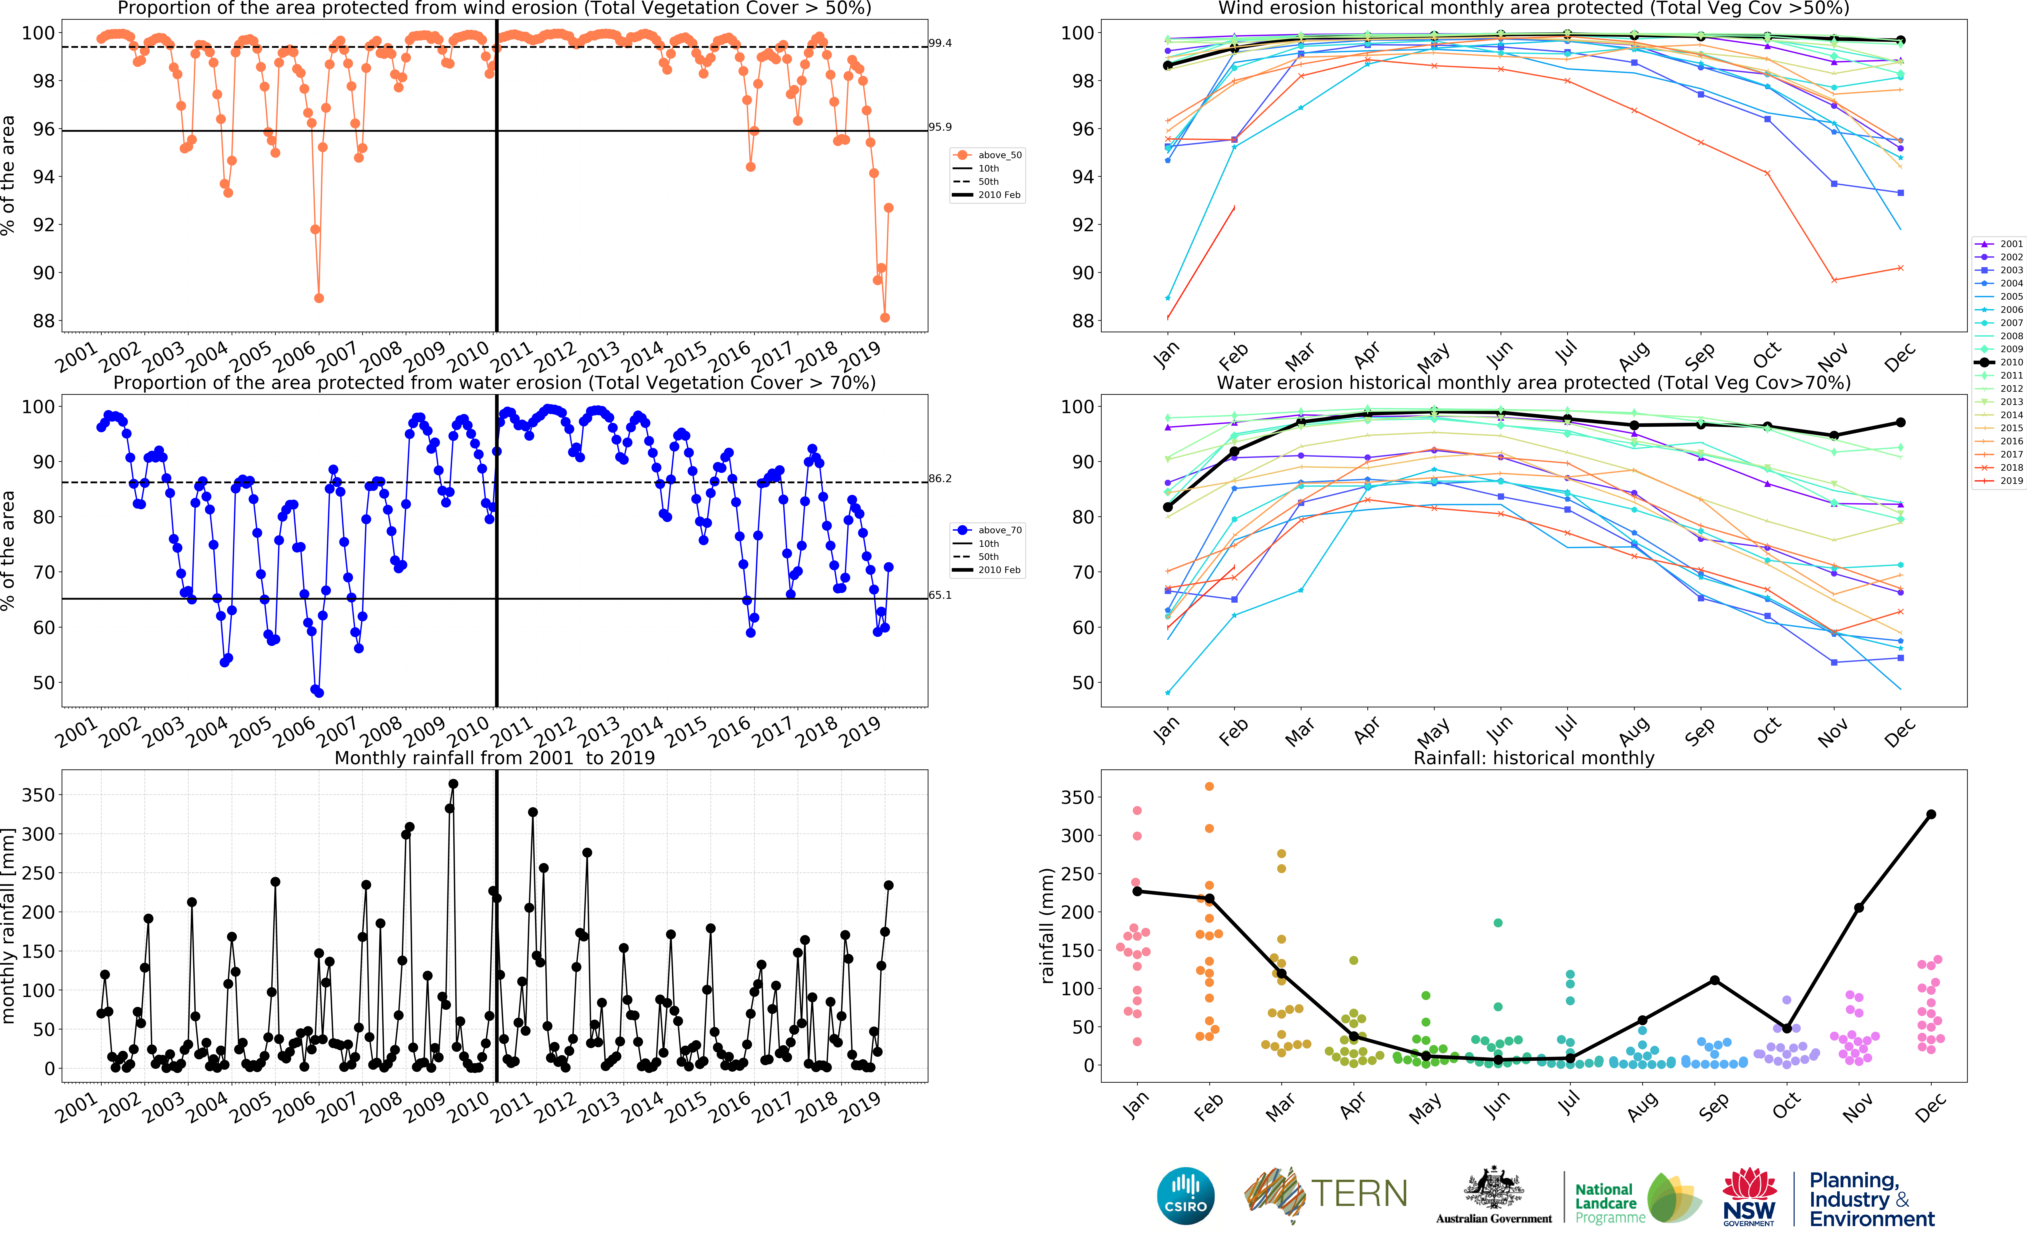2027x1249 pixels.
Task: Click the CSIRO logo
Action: click(x=1186, y=1195)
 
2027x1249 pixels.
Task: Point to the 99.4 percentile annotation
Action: click(x=940, y=43)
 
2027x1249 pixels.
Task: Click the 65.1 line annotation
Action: click(x=940, y=595)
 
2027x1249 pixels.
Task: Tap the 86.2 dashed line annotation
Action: click(x=940, y=478)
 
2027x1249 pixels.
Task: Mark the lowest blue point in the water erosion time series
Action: click(x=319, y=692)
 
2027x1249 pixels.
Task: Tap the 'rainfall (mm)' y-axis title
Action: click(x=1047, y=925)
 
